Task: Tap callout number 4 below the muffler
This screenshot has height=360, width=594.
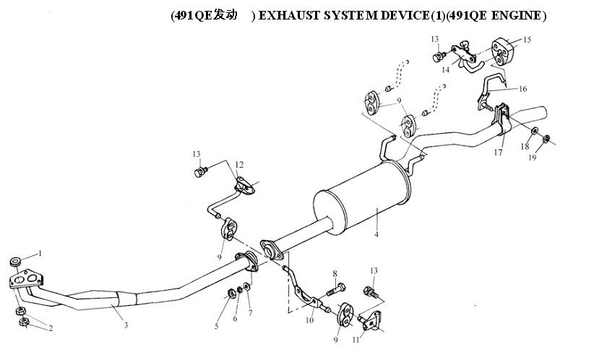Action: [x=376, y=234]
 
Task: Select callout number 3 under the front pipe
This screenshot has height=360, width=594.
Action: [x=126, y=325]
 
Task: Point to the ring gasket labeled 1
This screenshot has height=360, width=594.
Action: [x=15, y=262]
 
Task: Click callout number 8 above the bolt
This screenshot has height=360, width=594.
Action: [x=335, y=273]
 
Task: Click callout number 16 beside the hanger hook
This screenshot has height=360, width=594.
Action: [x=522, y=89]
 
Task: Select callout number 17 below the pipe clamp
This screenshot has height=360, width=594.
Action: [x=498, y=153]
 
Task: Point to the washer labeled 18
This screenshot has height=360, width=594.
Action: [x=534, y=131]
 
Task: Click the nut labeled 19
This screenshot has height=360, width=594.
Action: [x=546, y=139]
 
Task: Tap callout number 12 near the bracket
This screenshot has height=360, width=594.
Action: [x=239, y=165]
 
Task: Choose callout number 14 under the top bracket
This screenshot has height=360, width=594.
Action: [x=445, y=69]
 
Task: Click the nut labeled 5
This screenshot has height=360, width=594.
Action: [x=230, y=293]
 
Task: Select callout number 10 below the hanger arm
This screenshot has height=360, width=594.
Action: [x=309, y=320]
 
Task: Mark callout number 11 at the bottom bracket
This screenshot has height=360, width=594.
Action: [x=356, y=340]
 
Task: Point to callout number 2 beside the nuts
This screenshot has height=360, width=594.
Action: [x=51, y=328]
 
